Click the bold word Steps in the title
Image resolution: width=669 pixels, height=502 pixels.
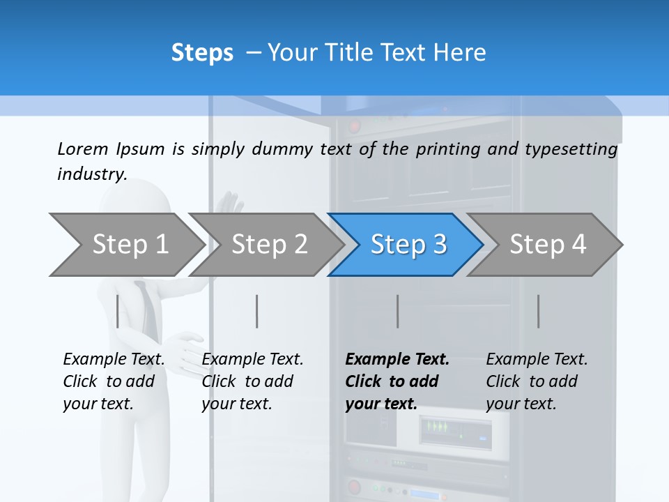tap(202, 53)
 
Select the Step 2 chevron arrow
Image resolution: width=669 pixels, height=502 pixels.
tap(269, 245)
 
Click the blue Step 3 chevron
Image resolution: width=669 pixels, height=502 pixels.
tap(408, 245)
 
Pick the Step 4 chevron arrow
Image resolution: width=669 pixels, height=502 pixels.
tap(548, 245)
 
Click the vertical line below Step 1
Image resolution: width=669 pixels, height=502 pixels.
tap(118, 311)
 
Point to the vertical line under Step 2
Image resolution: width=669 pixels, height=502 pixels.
tap(257, 311)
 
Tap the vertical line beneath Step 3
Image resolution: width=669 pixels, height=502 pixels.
tap(398, 311)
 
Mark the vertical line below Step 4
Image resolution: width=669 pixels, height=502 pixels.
tap(539, 311)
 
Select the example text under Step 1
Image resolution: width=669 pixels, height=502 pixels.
tap(114, 381)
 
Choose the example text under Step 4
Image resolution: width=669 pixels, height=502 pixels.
tap(537, 381)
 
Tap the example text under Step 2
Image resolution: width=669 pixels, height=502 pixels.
tap(252, 381)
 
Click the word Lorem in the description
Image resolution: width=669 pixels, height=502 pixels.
tap(83, 149)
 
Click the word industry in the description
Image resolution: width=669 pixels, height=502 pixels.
tap(91, 174)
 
